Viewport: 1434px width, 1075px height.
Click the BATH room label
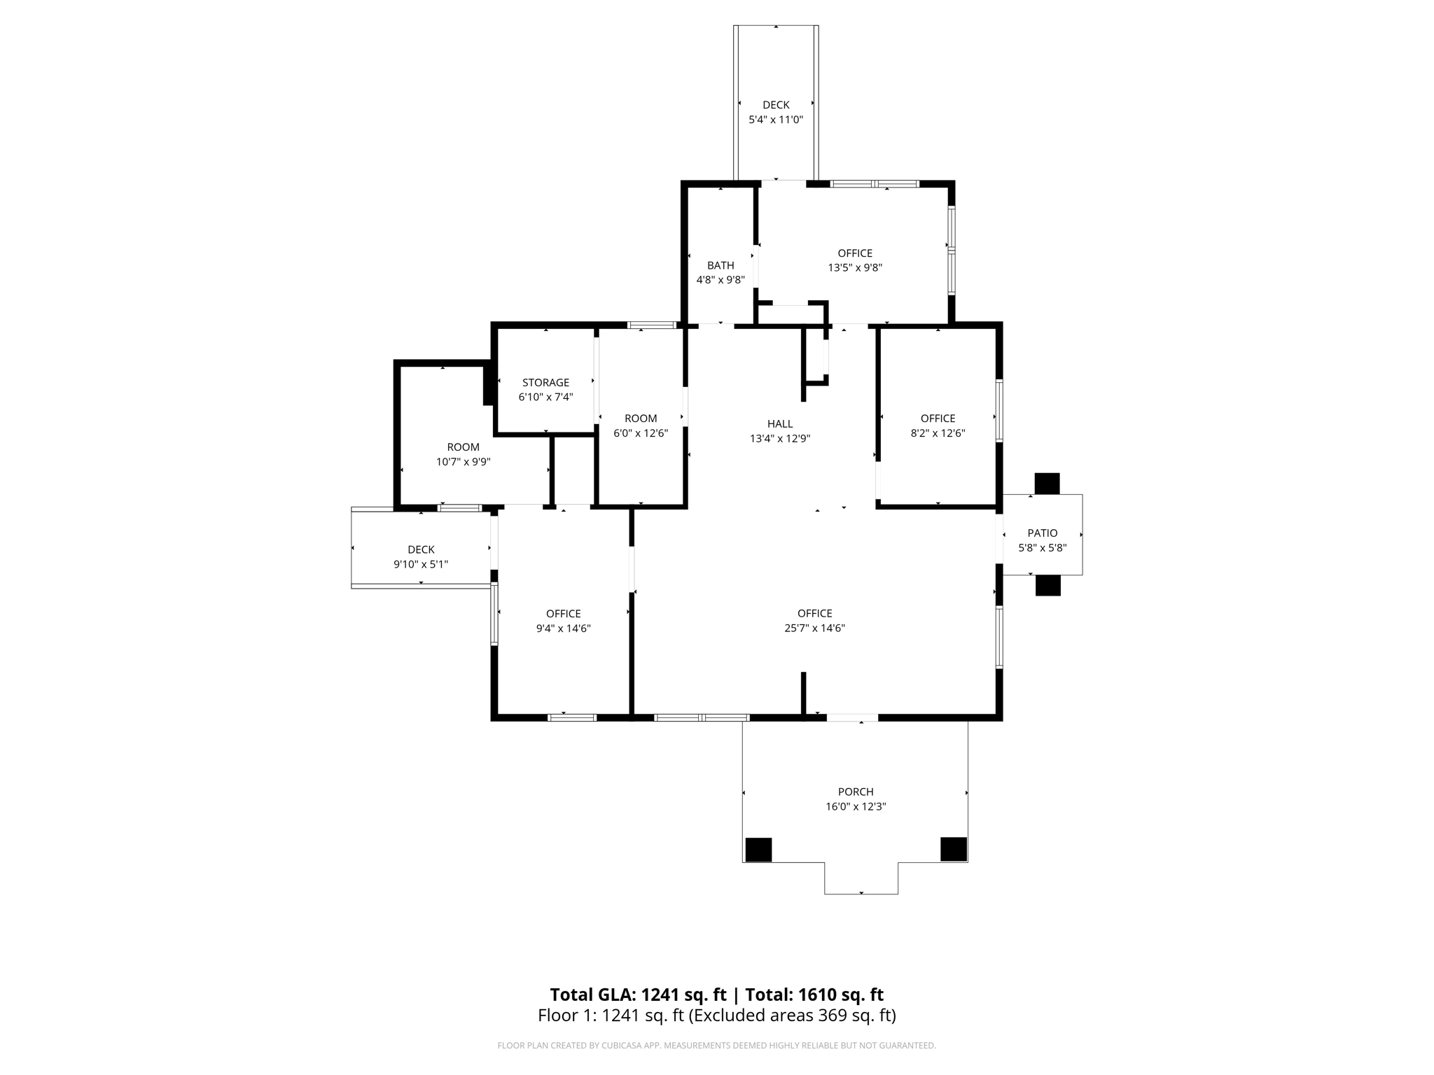click(721, 265)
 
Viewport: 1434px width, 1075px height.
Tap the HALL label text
click(780, 423)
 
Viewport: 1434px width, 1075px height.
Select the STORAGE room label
click(545, 382)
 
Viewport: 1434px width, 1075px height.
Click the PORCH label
click(856, 792)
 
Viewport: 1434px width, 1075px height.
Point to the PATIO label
click(1043, 533)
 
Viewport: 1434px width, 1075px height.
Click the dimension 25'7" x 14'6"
click(814, 628)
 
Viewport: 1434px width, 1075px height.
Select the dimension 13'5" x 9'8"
click(855, 267)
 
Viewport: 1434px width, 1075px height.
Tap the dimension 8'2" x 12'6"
click(938, 433)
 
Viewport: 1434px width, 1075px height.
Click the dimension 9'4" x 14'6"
click(563, 628)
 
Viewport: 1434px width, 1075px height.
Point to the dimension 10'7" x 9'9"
click(463, 462)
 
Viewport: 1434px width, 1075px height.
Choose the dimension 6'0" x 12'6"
click(641, 433)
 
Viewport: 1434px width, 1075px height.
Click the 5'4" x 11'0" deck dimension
click(776, 120)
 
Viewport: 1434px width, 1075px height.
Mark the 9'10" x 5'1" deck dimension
click(421, 564)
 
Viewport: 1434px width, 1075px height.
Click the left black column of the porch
click(758, 850)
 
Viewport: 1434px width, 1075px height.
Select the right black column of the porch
click(954, 849)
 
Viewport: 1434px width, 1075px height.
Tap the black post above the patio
click(1047, 484)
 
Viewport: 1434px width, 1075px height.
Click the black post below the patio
click(1048, 586)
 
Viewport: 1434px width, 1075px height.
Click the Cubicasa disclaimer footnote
click(716, 1046)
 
